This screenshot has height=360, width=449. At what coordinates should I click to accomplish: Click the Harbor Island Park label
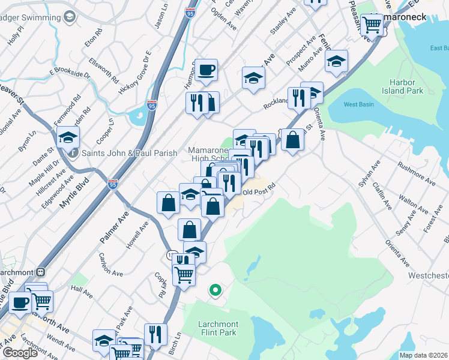(406, 86)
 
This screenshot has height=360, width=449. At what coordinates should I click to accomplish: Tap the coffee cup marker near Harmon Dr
(206, 71)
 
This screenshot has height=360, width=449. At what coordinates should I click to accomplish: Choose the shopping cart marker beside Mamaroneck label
(372, 25)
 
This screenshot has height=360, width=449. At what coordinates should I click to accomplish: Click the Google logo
(20, 353)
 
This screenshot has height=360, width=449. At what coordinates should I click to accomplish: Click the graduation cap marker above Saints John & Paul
(68, 137)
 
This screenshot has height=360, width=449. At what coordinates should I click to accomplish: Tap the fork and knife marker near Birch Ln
(155, 335)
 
